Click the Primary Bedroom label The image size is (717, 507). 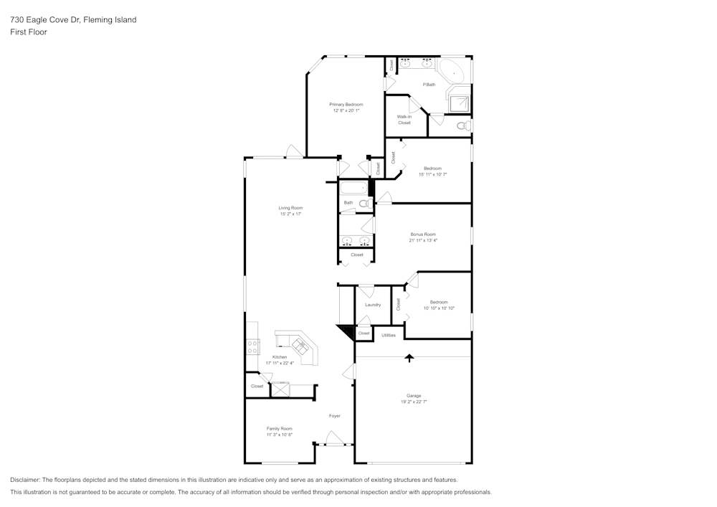[346, 105]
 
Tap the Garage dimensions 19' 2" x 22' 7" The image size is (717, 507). [414, 402]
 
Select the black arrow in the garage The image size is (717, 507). [409, 358]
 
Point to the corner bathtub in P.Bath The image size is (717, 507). [454, 72]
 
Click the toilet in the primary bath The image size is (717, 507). [464, 125]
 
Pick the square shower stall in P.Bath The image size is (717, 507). [460, 104]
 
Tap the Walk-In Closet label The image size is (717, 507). [404, 120]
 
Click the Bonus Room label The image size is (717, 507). [423, 234]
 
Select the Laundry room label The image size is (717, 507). [373, 305]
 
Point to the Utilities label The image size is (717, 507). [389, 335]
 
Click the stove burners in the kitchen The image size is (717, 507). [252, 346]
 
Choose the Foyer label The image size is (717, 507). [335, 416]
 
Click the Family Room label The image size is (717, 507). [280, 429]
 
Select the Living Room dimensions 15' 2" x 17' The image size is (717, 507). [291, 214]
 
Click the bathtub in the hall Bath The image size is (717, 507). [353, 188]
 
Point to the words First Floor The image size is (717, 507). [29, 32]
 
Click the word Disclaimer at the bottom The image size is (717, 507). [24, 480]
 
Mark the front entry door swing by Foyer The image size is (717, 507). [334, 437]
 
